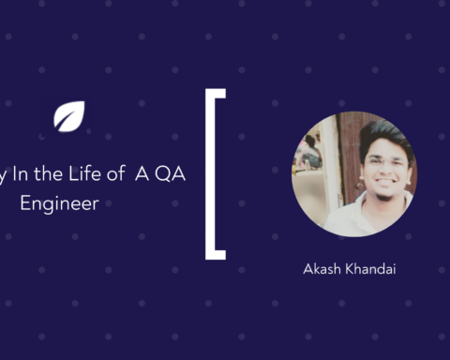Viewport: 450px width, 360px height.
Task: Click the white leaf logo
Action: coord(69,116)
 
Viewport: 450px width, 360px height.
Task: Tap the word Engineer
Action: coord(60,202)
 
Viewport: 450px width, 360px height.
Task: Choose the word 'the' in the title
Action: coord(54,177)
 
